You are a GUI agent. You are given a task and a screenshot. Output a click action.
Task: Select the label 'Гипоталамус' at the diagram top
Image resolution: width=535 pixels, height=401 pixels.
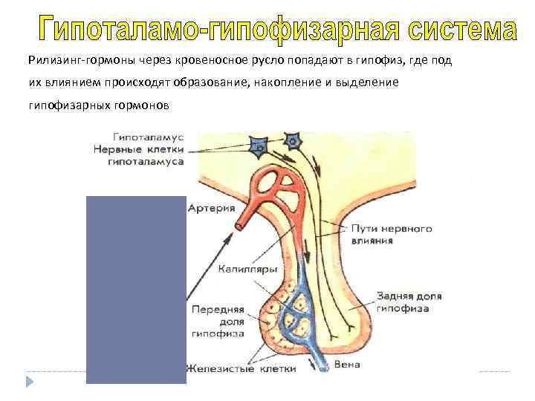click(x=149, y=137)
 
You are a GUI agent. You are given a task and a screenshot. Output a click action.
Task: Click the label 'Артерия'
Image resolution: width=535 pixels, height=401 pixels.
click(x=209, y=209)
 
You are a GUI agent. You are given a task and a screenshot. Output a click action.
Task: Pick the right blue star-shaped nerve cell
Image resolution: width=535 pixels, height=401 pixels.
click(x=294, y=140)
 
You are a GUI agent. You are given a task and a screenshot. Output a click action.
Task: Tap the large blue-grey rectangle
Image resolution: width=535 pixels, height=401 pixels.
click(x=136, y=290)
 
